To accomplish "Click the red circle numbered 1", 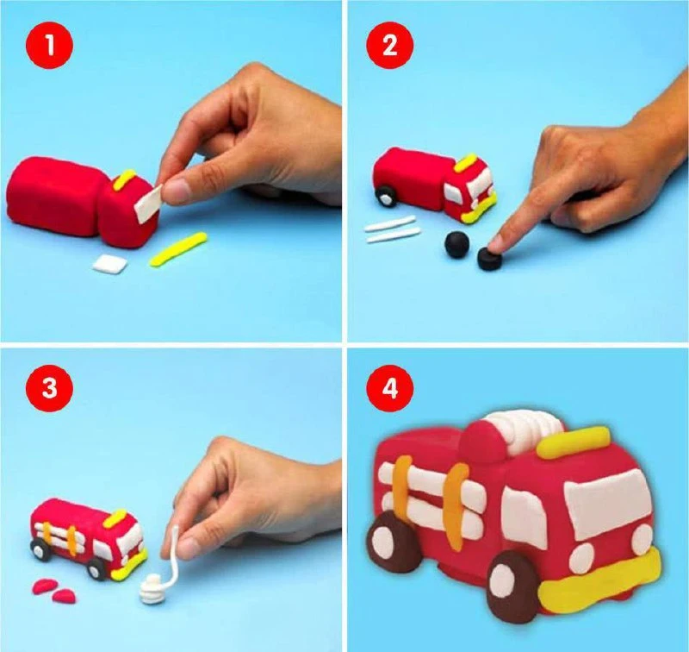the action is click(x=50, y=45).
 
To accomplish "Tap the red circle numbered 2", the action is click(x=390, y=45).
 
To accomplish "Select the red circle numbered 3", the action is click(x=50, y=389).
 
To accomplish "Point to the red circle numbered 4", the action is click(x=390, y=389).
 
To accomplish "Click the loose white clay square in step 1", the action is click(x=110, y=265).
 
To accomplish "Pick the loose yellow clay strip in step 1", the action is click(x=178, y=249).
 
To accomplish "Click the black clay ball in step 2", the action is click(x=457, y=245).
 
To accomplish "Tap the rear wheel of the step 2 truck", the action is click(x=386, y=196).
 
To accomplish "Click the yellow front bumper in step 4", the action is click(x=599, y=583).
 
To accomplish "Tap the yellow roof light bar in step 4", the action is click(x=574, y=442).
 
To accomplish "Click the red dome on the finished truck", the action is click(x=482, y=442).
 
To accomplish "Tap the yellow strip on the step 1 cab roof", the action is click(x=123, y=180).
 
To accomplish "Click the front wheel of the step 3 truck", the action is click(x=96, y=569).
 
